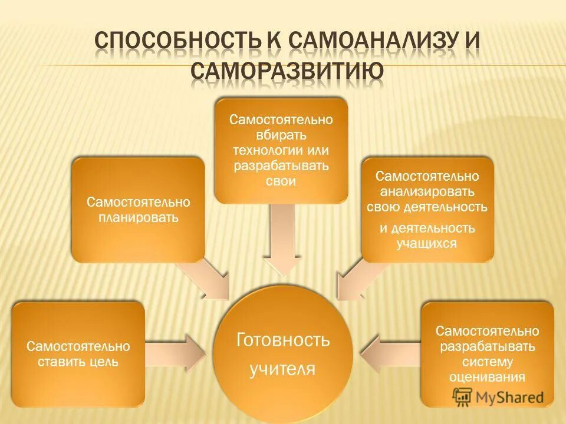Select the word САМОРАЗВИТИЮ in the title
coord(287,71)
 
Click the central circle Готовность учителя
coord(282,353)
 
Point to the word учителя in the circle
coord(282,369)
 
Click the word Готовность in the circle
coord(283,340)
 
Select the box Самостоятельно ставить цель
coord(78,353)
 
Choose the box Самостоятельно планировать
coord(138,210)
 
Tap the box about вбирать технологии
coord(281,151)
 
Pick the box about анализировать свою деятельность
coord(427,209)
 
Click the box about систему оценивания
coord(487,353)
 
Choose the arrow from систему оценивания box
coord(389,353)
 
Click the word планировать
coord(138,218)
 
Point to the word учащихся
coord(427,243)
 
